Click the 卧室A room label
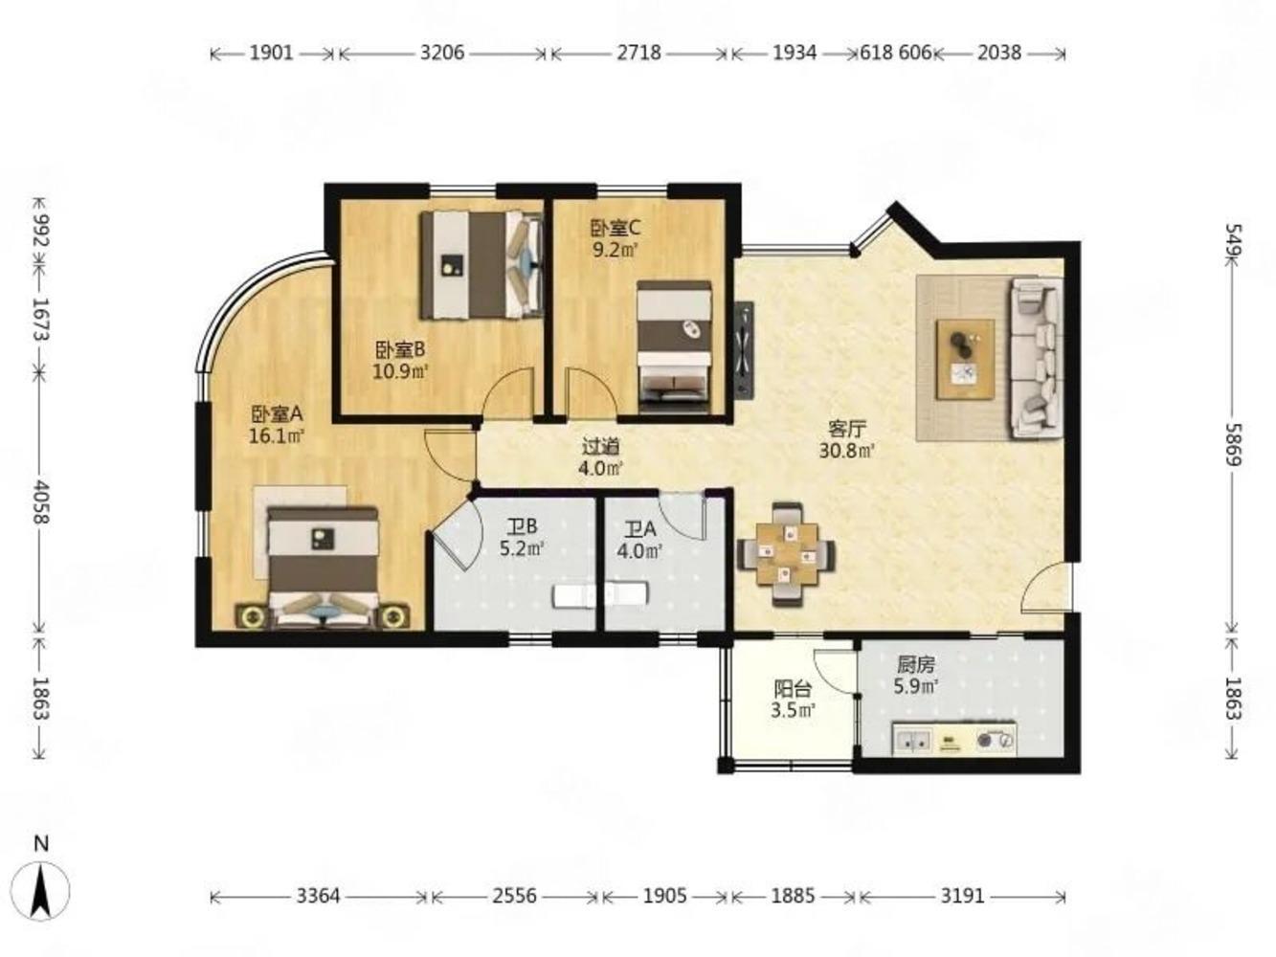point(277,414)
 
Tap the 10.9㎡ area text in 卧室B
point(400,371)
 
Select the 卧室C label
point(616,229)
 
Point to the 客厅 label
point(847,429)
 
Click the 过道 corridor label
point(601,447)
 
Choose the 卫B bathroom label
point(522,526)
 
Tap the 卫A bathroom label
point(640,529)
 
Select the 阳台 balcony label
point(793,689)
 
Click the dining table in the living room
point(787,555)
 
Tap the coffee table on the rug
point(965,359)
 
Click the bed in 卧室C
point(674,347)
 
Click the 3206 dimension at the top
point(442,54)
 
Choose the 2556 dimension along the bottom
point(514,896)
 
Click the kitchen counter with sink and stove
point(954,739)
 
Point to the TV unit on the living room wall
point(744,349)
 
